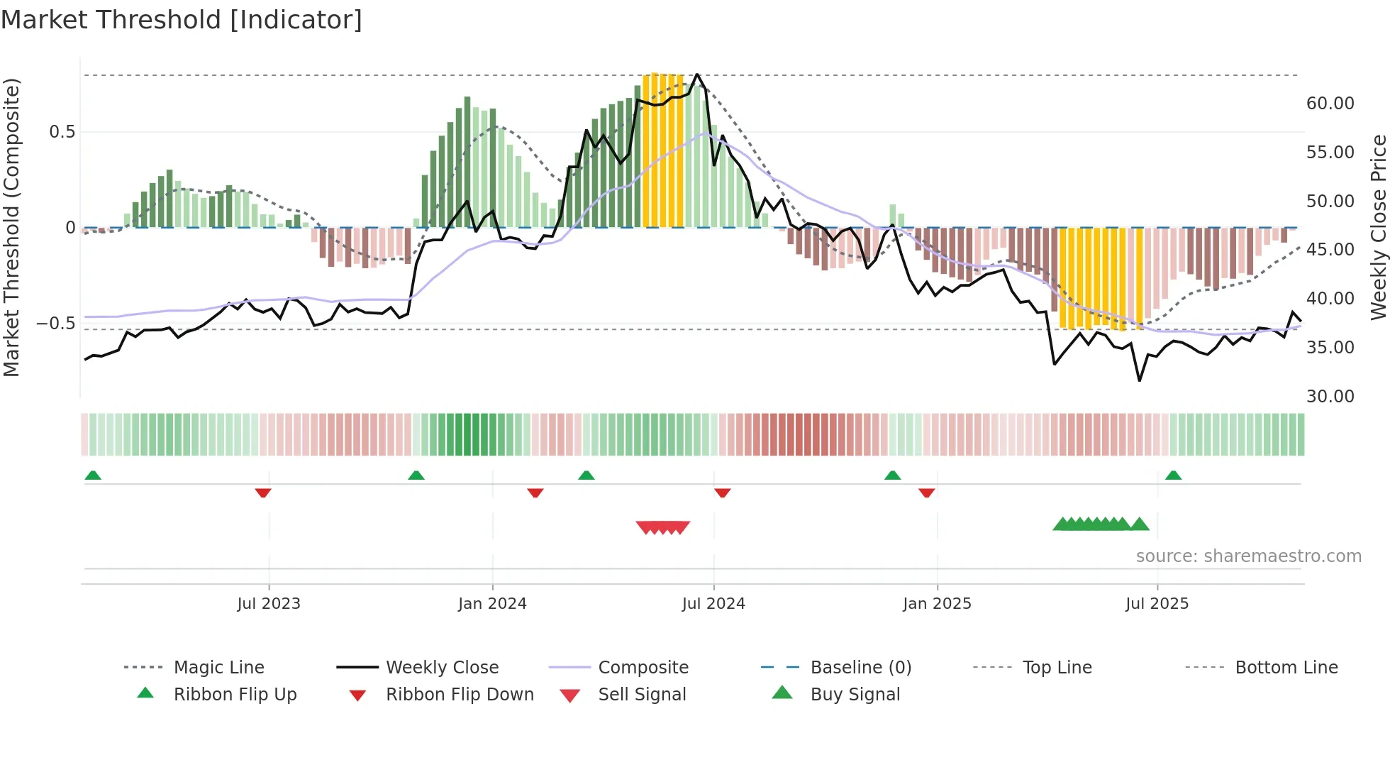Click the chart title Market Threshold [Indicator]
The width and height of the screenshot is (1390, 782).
pos(182,20)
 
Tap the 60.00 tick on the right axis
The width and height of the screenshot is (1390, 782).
pos(1330,104)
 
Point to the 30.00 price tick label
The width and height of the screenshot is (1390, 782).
pos(1330,397)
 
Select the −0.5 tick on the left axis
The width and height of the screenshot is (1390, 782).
pos(55,324)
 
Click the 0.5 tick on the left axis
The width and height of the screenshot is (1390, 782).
pos(62,132)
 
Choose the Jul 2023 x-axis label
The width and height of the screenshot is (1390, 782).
pos(269,604)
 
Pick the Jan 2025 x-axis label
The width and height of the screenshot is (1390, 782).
pos(937,604)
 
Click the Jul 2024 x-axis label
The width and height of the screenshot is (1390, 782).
pos(713,604)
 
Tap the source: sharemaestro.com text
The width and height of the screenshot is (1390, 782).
pos(1248,556)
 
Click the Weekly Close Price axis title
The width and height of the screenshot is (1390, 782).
pos(1378,227)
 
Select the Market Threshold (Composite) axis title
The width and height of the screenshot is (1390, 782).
pos(11,227)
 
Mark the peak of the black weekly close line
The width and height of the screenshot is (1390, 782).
pos(697,75)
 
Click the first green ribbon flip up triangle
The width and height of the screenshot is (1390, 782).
pos(93,475)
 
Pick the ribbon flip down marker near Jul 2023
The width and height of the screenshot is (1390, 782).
pos(263,492)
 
